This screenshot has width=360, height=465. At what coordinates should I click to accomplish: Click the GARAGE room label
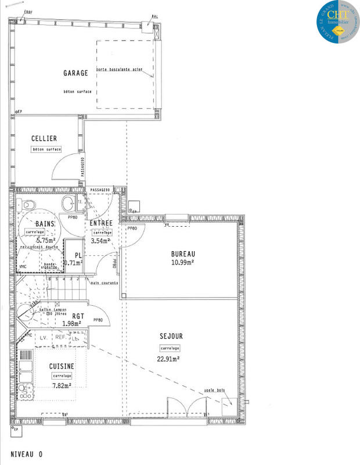click(x=75, y=73)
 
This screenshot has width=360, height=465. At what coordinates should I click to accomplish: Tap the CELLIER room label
click(x=44, y=138)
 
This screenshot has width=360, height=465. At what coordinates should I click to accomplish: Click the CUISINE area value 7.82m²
click(x=62, y=385)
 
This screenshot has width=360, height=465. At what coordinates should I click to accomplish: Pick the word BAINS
click(x=45, y=224)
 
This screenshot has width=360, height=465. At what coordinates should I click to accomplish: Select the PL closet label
click(x=76, y=255)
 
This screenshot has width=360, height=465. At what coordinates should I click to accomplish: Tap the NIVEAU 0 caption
click(x=26, y=453)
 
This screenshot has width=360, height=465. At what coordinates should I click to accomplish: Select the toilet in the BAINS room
click(x=27, y=205)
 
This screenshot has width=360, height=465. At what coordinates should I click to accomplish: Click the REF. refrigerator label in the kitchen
click(x=60, y=337)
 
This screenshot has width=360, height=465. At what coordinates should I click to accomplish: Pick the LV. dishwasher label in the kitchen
click(x=42, y=337)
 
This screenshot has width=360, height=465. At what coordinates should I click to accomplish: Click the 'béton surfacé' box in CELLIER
click(x=46, y=149)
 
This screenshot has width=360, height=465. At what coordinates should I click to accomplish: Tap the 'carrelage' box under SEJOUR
click(x=170, y=348)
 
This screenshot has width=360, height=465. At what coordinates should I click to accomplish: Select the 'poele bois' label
click(x=213, y=390)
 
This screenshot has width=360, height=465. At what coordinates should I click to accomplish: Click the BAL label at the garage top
click(x=154, y=17)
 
